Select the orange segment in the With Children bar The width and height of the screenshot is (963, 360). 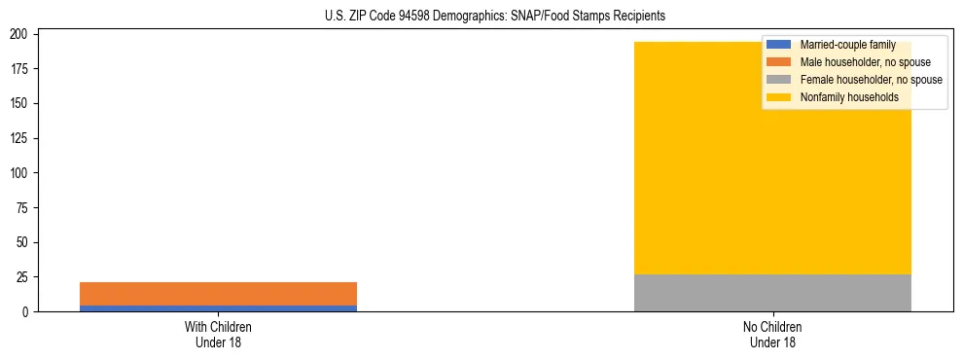pos(218,293)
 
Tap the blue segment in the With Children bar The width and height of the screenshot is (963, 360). pos(218,308)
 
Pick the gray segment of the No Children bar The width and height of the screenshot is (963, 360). pos(772,293)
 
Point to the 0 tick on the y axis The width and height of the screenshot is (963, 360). pos(29,312)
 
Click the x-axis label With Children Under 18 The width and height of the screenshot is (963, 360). pos(218,335)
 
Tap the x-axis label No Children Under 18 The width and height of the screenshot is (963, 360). pos(772,335)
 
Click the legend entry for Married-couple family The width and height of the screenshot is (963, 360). pos(847,45)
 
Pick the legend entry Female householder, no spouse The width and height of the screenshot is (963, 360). pos(871,80)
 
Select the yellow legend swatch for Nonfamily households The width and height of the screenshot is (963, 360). pos(779,97)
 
